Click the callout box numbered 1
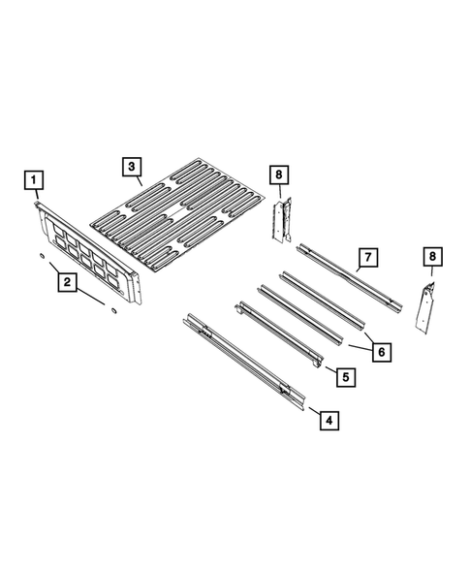[34, 180]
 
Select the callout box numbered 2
[67, 283]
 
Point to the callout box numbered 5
[344, 374]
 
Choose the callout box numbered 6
[381, 351]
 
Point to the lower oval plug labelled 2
[111, 311]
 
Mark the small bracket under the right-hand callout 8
[426, 306]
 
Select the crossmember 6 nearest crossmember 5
[299, 314]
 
